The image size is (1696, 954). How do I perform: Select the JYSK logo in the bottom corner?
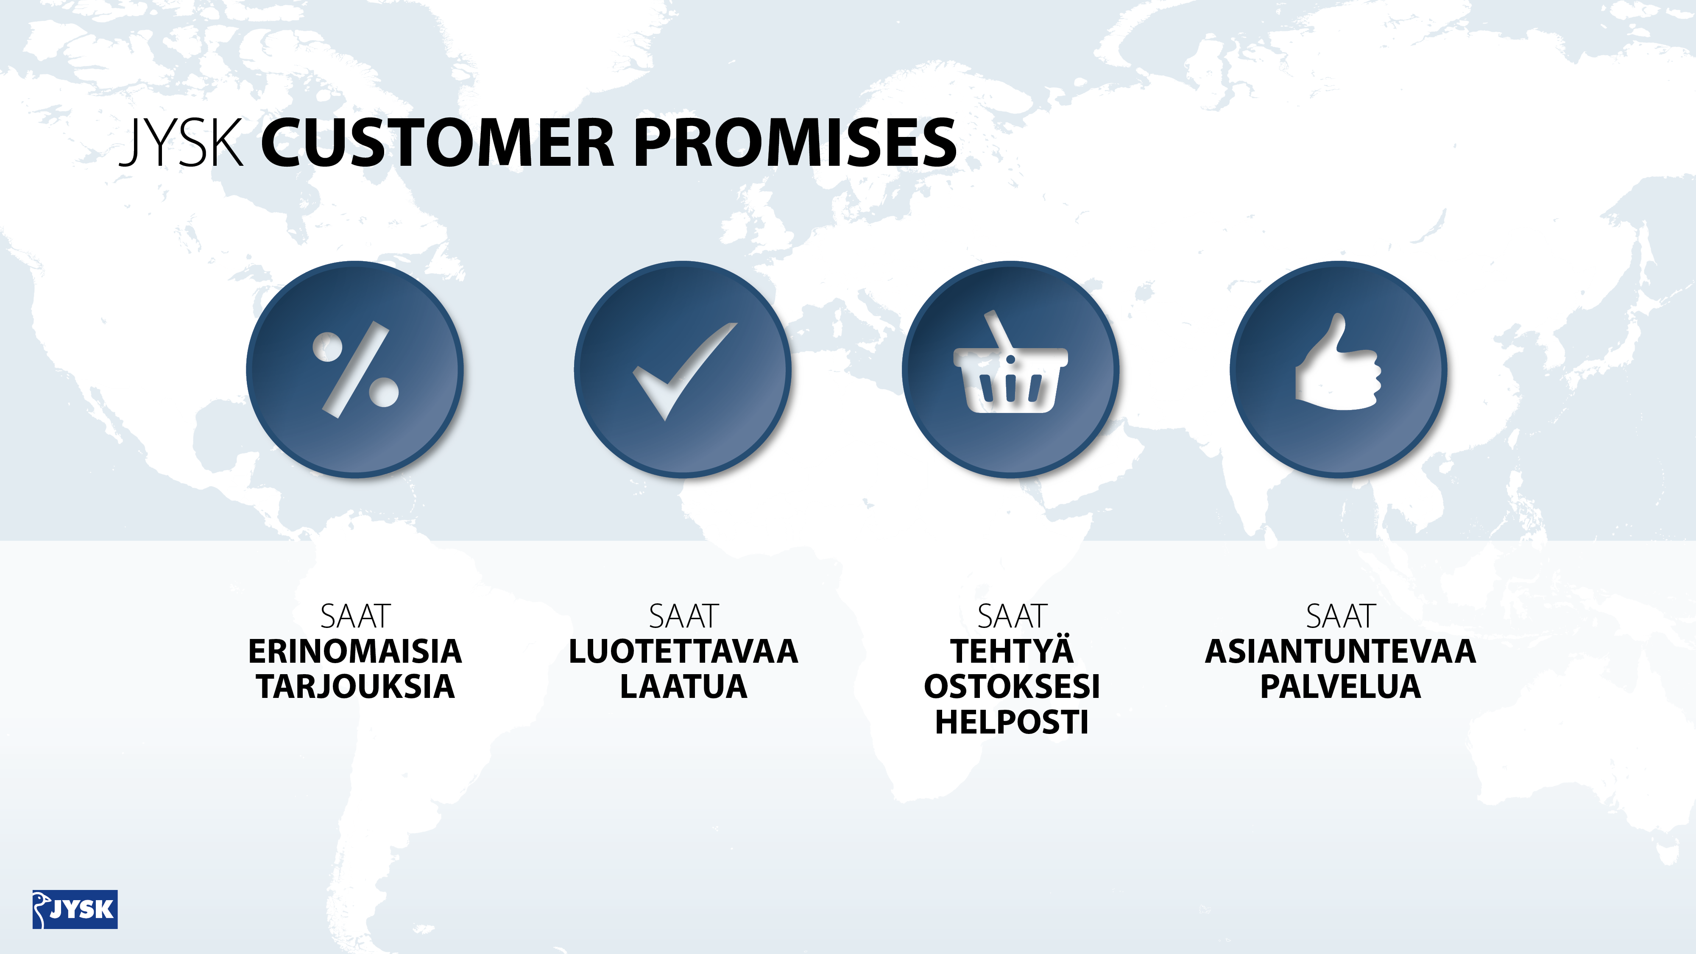coord(75,909)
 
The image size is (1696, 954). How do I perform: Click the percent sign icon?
coord(356,369)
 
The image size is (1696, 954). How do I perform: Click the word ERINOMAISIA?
coord(355,651)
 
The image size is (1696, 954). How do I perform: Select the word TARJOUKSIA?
coord(356,686)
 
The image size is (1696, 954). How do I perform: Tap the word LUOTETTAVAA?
coord(683,651)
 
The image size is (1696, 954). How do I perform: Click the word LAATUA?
coord(683,686)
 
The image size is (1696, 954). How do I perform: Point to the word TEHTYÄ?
coord(1012,650)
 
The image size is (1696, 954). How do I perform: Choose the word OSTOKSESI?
coord(1012,686)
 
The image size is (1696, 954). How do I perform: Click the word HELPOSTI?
coord(1012,722)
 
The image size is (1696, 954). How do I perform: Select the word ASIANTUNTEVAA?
coord(1340,651)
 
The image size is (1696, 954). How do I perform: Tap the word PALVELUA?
coord(1340,686)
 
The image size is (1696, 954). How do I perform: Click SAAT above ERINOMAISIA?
coord(356,616)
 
